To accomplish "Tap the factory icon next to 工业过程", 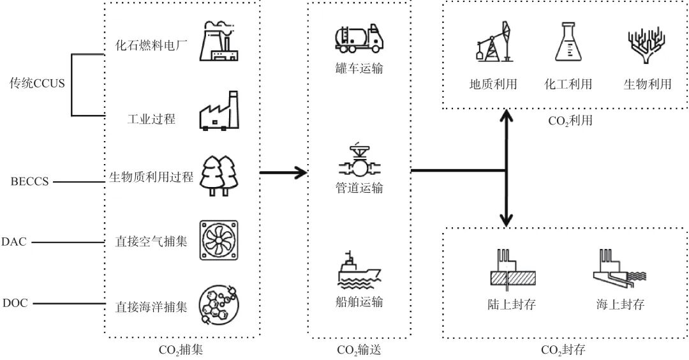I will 219,112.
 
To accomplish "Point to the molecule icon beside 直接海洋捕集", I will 219,303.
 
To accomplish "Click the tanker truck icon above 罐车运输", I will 359,38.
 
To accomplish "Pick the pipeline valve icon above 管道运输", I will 359,161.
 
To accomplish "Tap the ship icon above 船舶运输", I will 359,270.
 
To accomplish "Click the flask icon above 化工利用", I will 568,43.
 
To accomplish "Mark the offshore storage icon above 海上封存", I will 618,267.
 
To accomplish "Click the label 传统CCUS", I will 37,83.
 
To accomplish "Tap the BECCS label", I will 29,182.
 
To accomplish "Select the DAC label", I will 13,242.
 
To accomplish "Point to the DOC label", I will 15,303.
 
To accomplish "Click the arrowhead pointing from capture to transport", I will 299,171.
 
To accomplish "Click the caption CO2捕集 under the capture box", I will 181,350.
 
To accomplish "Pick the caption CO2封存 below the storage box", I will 563,350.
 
